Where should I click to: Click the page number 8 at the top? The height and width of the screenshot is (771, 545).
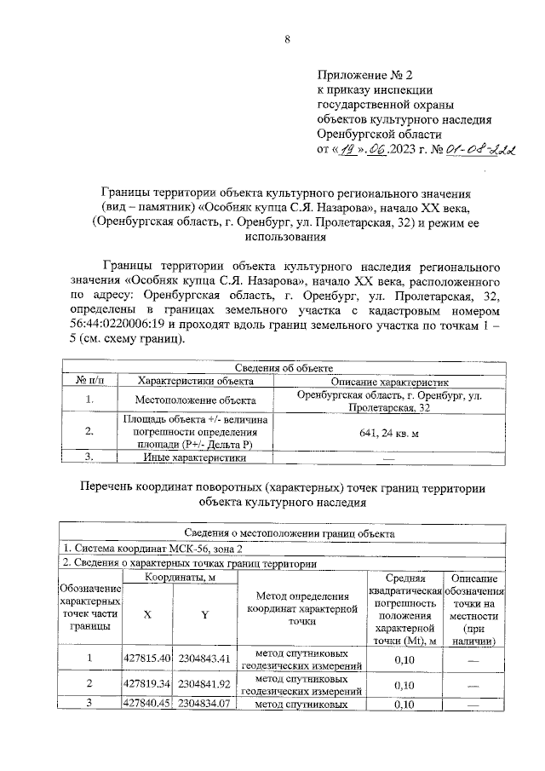click(x=287, y=39)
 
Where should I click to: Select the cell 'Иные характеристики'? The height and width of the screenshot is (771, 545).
click(x=195, y=458)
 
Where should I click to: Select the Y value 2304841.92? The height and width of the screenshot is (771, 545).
click(x=205, y=684)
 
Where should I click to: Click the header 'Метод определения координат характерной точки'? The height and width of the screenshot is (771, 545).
click(x=301, y=609)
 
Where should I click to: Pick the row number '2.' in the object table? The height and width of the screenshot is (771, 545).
click(x=89, y=432)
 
